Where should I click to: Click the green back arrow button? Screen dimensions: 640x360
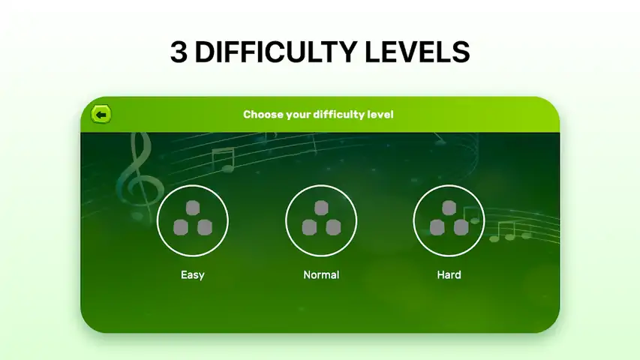101,115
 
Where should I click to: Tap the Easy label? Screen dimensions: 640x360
193,274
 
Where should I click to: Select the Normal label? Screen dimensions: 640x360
321,274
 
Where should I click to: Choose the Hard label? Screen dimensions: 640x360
449,274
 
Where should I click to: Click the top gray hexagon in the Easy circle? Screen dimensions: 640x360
193,208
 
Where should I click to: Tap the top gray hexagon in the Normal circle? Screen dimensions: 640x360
321,208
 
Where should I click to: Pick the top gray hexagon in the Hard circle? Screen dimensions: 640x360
449,208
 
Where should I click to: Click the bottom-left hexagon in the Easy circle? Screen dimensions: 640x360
181,228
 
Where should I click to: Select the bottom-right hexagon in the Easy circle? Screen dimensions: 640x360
205,228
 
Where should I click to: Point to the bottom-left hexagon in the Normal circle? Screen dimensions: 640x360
309,228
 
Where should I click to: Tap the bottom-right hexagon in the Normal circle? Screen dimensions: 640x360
333,228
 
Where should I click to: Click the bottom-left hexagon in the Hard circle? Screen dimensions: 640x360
437,228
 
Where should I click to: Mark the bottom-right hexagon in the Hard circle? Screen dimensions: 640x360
461,228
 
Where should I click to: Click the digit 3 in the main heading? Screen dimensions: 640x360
179,52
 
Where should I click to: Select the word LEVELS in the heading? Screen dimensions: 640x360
417,52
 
